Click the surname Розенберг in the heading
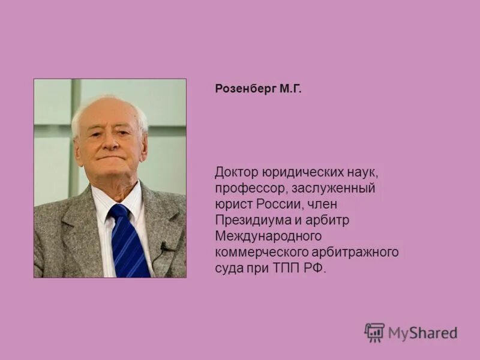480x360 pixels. pyautogui.click(x=245, y=89)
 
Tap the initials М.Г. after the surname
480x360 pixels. pyautogui.click(x=289, y=89)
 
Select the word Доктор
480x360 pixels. pyautogui.click(x=236, y=173)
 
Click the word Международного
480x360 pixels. pyautogui.click(x=269, y=236)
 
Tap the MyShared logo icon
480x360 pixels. pyautogui.click(x=374, y=332)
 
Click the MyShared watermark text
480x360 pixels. pyautogui.click(x=422, y=333)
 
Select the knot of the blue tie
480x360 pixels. pyautogui.click(x=119, y=212)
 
